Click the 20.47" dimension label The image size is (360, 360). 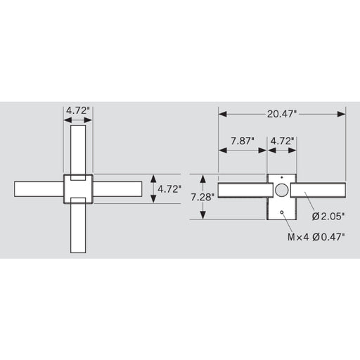[283, 112]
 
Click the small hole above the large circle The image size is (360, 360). [282, 176]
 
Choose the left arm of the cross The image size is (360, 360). [39, 189]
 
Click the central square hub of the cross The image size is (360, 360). [78, 188]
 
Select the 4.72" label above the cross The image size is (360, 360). [78, 110]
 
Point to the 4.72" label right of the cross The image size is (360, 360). [169, 189]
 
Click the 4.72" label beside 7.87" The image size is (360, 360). [283, 141]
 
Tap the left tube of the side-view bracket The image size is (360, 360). [243, 191]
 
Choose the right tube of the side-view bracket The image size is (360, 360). [320, 191]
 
